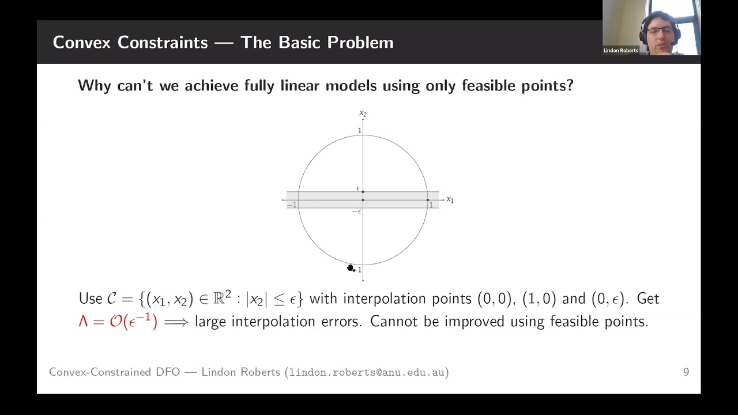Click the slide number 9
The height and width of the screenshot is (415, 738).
686,372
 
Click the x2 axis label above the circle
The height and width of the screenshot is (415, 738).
363,114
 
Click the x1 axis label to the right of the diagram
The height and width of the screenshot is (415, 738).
450,200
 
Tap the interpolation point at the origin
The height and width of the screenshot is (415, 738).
363,200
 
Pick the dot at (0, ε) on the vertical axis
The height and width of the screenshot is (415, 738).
363,191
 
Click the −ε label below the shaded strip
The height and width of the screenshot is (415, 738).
356,212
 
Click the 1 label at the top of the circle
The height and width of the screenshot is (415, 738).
359,131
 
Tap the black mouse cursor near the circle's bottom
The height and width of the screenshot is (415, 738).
350,267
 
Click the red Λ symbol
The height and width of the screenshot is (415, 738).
83,322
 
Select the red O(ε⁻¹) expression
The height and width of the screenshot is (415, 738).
133,321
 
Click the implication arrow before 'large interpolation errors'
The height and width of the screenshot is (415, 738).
176,322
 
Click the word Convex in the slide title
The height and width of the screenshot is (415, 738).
81,42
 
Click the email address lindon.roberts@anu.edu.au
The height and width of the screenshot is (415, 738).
366,372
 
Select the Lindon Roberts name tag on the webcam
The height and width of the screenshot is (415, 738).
620,51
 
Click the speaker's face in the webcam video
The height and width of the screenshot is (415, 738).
659,32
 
